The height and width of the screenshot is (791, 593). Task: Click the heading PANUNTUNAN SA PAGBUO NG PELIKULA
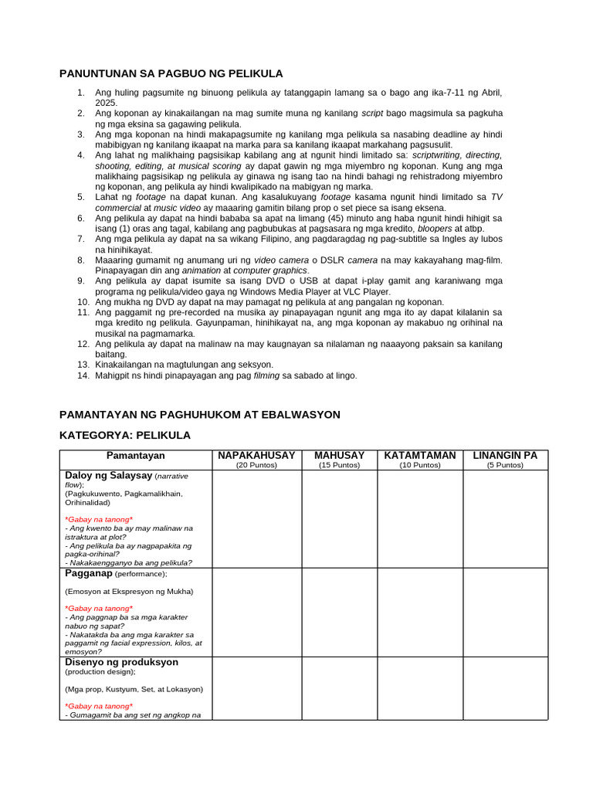(171, 73)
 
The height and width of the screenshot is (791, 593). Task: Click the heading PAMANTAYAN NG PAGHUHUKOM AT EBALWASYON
(200, 415)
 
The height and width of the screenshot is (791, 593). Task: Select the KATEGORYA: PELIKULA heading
(125, 436)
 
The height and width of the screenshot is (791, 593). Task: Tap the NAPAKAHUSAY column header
(256, 456)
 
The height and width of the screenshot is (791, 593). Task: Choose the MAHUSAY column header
(339, 456)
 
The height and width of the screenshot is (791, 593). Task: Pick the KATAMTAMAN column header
(420, 456)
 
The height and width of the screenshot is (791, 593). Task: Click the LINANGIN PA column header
(505, 456)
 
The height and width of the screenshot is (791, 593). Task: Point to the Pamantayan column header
(136, 456)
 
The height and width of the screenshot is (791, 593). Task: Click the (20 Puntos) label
(256, 465)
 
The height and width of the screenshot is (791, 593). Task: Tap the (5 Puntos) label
(505, 465)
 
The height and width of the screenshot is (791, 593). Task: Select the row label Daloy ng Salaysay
(109, 476)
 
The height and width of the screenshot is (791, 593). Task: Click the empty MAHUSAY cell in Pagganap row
(339, 612)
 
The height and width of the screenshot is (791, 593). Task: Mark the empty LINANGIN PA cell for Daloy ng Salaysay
(505, 519)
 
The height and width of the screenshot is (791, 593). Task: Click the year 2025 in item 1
(106, 103)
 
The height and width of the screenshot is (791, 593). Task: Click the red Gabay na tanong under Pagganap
(99, 609)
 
